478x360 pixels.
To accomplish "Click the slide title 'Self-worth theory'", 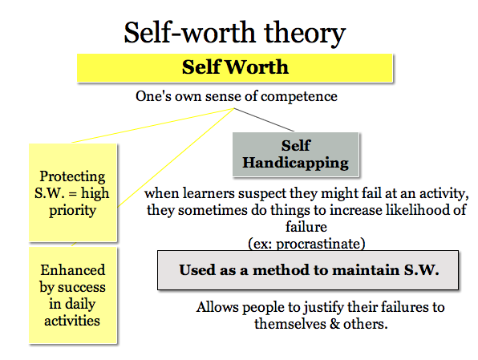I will click(x=234, y=33).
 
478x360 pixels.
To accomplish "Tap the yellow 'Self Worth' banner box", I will click(x=234, y=67).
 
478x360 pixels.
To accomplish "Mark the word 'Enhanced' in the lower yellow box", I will click(x=72, y=271).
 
